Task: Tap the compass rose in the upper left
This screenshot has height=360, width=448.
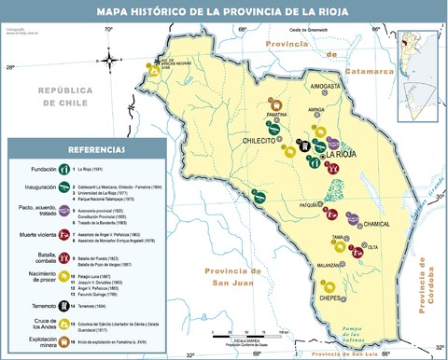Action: point(110,62)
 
